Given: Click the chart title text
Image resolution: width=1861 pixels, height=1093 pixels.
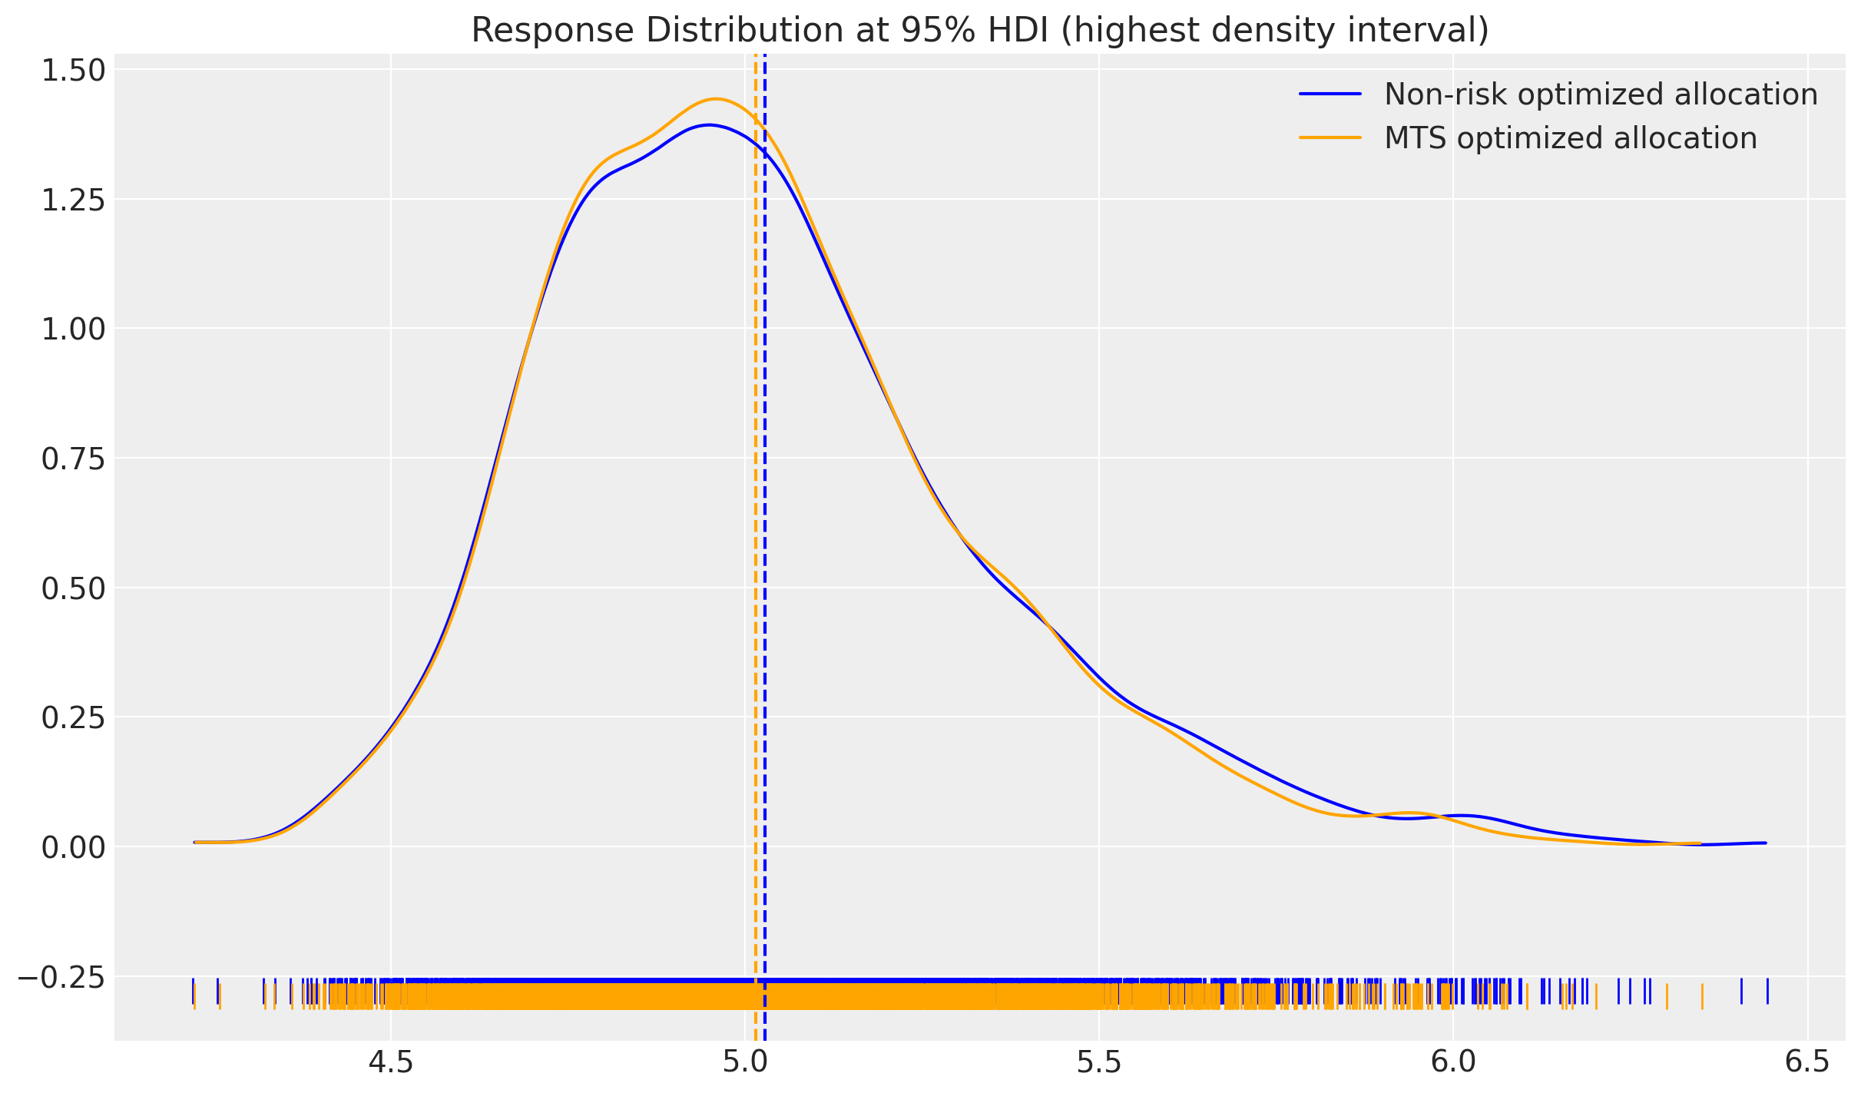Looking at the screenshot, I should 979,31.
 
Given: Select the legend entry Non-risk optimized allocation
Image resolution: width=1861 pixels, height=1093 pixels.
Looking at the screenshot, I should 1601,94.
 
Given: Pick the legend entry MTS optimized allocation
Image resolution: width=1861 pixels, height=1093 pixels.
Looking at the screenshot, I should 1570,138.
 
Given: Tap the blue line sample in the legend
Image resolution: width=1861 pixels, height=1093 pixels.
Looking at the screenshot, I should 1330,94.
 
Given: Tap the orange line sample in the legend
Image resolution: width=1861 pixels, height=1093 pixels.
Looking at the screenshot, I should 1330,138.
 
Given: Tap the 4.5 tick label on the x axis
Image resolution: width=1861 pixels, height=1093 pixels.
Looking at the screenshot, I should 391,1063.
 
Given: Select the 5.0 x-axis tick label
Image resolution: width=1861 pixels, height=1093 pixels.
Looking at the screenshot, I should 745,1063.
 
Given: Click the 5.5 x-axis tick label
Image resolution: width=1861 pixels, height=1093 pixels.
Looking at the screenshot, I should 1099,1063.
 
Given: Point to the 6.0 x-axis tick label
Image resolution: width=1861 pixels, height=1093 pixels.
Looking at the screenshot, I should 1453,1063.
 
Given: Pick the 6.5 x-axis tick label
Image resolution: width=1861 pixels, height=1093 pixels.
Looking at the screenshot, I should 1807,1063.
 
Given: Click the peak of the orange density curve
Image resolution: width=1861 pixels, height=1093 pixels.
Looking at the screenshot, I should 716,99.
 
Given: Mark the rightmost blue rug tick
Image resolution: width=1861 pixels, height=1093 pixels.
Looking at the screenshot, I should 1767,991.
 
